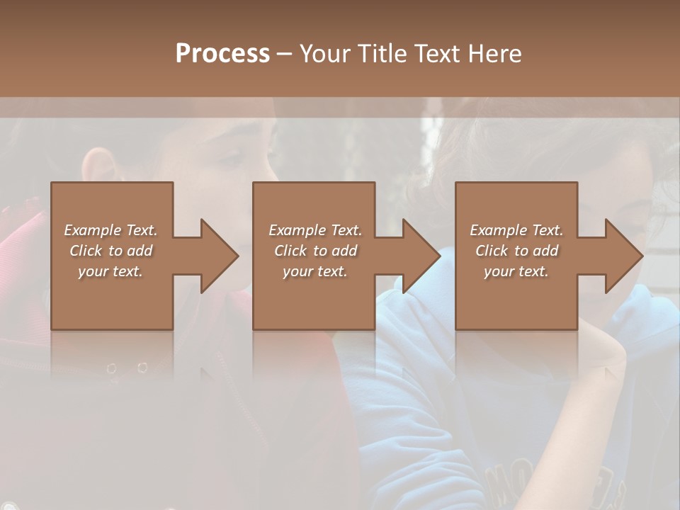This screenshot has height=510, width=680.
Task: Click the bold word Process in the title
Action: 222,53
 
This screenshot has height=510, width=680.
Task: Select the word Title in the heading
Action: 382,53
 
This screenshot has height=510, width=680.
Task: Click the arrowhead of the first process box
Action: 220,256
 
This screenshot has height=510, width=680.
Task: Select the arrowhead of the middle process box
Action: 421,256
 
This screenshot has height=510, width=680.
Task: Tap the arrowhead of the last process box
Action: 624,256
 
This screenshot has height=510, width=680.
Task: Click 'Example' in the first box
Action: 93,230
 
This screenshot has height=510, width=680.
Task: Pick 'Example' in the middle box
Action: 297,230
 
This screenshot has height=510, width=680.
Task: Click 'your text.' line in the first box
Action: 110,271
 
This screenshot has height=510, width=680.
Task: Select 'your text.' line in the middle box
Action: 314,271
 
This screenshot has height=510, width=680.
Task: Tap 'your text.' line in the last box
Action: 516,271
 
